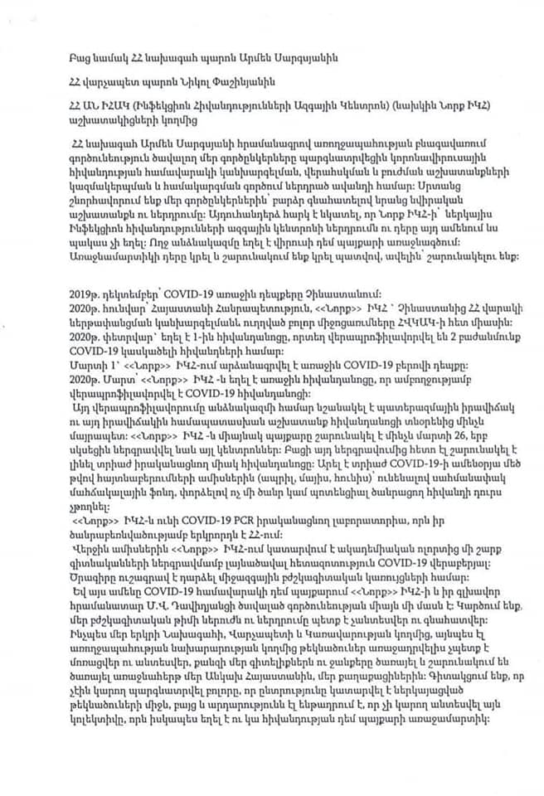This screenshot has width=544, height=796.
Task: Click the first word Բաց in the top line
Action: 81,59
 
